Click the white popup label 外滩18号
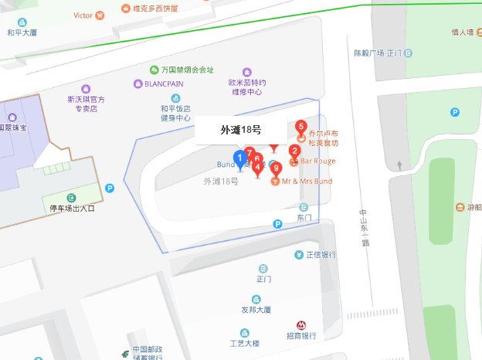tap(241, 130)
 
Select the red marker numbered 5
tap(301, 127)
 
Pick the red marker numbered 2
tap(294, 151)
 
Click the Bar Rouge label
tap(317, 161)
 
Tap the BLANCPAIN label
tap(161, 83)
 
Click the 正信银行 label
tap(320, 255)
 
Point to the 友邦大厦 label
tap(256, 310)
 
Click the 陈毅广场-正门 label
tap(378, 53)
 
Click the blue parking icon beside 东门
tap(277, 224)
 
